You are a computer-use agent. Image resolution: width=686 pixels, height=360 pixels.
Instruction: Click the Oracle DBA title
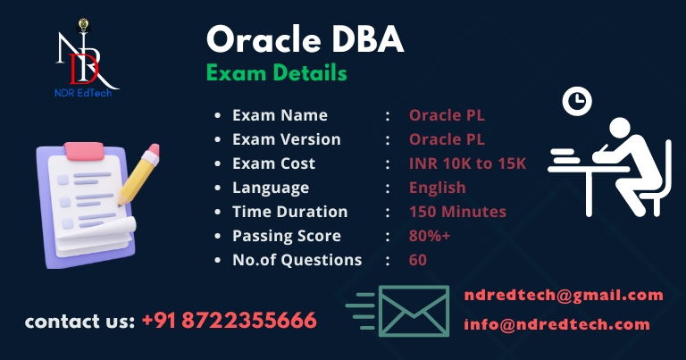tap(305, 39)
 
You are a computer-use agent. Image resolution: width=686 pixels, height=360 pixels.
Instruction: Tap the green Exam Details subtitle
tap(277, 72)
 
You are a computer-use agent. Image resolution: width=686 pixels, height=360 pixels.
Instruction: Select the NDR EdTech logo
tap(86, 58)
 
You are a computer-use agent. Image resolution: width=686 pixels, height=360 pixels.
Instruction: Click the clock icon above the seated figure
tap(577, 101)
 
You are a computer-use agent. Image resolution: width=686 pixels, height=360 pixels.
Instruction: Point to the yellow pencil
tap(139, 174)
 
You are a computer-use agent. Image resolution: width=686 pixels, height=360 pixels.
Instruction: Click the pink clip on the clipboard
tap(84, 151)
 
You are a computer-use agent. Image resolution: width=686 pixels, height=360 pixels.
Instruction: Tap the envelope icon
tap(414, 311)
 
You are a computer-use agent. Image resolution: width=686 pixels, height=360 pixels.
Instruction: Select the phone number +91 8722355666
tap(230, 321)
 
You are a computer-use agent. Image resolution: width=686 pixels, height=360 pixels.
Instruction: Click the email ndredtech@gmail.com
tap(564, 296)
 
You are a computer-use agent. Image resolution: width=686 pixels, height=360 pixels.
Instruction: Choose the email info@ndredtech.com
tap(557, 324)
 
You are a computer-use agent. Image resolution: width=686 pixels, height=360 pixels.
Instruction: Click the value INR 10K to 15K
tap(467, 163)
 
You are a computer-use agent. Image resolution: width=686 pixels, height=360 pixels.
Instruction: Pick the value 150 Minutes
tap(457, 212)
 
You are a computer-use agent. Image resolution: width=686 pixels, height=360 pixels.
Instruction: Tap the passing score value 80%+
tap(429, 236)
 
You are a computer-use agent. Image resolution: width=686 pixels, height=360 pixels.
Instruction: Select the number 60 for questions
tap(418, 260)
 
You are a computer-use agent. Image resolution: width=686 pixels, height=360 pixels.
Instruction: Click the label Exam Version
tap(287, 139)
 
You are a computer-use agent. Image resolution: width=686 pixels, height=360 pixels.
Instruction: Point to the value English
tap(437, 188)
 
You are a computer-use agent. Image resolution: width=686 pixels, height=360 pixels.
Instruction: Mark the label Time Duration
tap(290, 212)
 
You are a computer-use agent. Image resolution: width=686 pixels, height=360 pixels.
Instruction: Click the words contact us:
tap(79, 322)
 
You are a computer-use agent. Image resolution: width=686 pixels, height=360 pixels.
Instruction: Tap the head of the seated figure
tap(620, 128)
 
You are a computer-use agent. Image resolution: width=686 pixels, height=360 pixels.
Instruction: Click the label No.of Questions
tap(297, 260)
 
